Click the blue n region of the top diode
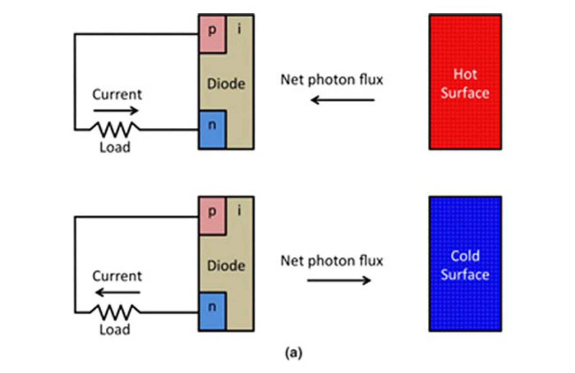[212, 129]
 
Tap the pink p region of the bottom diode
[212, 216]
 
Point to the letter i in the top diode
[239, 29]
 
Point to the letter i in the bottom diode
[239, 211]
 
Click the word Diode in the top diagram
[226, 84]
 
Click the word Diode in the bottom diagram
[226, 266]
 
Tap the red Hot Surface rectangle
[465, 81]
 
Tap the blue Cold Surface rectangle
[465, 264]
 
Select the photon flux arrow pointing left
[343, 100]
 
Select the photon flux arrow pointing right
[339, 280]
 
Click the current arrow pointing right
[116, 111]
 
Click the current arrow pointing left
[118, 292]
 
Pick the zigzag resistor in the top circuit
[115, 129]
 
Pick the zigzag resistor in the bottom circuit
[115, 312]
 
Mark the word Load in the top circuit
[115, 147]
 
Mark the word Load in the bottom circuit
[115, 330]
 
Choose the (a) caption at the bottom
[293, 353]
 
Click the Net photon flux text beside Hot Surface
[332, 80]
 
